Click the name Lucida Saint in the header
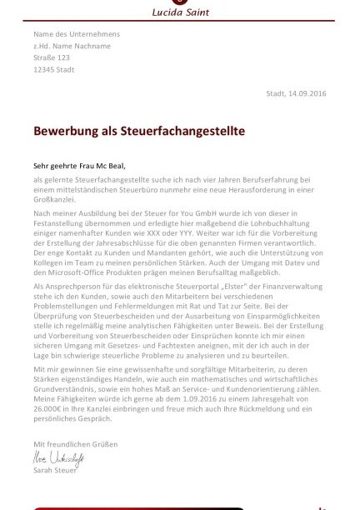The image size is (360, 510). pyautogui.click(x=180, y=12)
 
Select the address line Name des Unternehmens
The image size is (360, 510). pyautogui.click(x=77, y=34)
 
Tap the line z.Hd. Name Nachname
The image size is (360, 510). pyautogui.click(x=72, y=46)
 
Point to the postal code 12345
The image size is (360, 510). pyautogui.click(x=45, y=69)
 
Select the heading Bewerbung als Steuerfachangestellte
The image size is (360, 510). pyautogui.click(x=139, y=131)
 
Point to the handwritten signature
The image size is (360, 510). pyautogui.click(x=58, y=458)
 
